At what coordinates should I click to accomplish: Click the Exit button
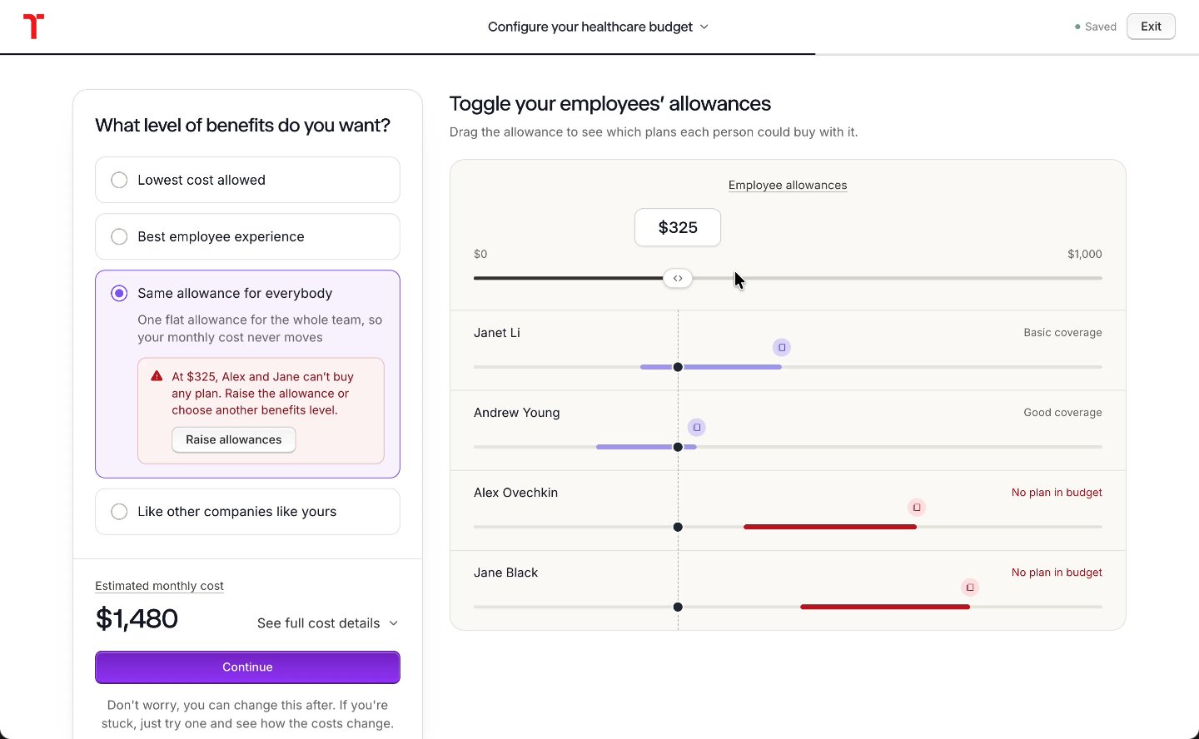click(1151, 27)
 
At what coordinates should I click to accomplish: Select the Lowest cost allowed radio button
click(119, 180)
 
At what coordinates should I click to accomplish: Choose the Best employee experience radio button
click(119, 236)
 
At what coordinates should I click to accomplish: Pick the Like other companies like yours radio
click(119, 512)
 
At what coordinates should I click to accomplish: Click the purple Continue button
click(247, 667)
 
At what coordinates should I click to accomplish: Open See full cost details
click(327, 622)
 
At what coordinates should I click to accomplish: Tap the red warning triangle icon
click(157, 376)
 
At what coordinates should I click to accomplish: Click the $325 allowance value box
click(677, 227)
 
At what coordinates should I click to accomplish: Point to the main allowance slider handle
click(677, 278)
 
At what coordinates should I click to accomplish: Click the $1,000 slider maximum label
click(1084, 254)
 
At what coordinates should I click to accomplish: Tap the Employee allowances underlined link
click(788, 185)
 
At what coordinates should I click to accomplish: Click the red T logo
click(33, 27)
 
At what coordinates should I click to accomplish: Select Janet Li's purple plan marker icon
click(782, 347)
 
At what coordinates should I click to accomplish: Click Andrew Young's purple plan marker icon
click(696, 428)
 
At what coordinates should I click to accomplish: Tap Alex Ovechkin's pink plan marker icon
click(917, 508)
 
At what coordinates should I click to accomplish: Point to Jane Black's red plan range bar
click(885, 607)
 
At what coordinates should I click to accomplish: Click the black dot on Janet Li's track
click(678, 367)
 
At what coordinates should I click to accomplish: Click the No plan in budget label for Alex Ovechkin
click(1057, 493)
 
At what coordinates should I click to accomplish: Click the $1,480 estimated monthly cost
click(137, 618)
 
